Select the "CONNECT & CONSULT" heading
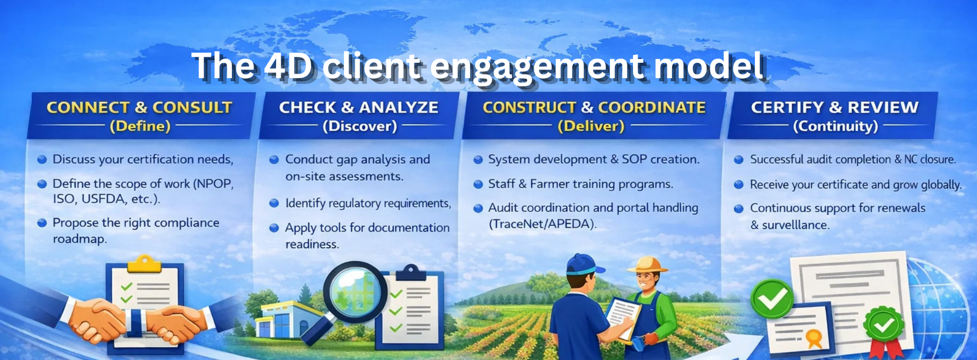pyautogui.click(x=139, y=107)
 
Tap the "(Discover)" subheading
pyautogui.click(x=360, y=127)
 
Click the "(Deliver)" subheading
pyautogui.click(x=591, y=127)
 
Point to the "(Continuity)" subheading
pyautogui.click(x=836, y=127)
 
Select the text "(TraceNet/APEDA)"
pyautogui.click(x=542, y=224)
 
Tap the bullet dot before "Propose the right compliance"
pyautogui.click(x=42, y=223)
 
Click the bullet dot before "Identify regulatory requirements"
pyautogui.click(x=274, y=204)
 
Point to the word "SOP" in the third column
pyautogui.click(x=634, y=159)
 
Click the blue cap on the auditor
pyautogui.click(x=583, y=264)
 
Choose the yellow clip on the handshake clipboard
pyautogui.click(x=144, y=263)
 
